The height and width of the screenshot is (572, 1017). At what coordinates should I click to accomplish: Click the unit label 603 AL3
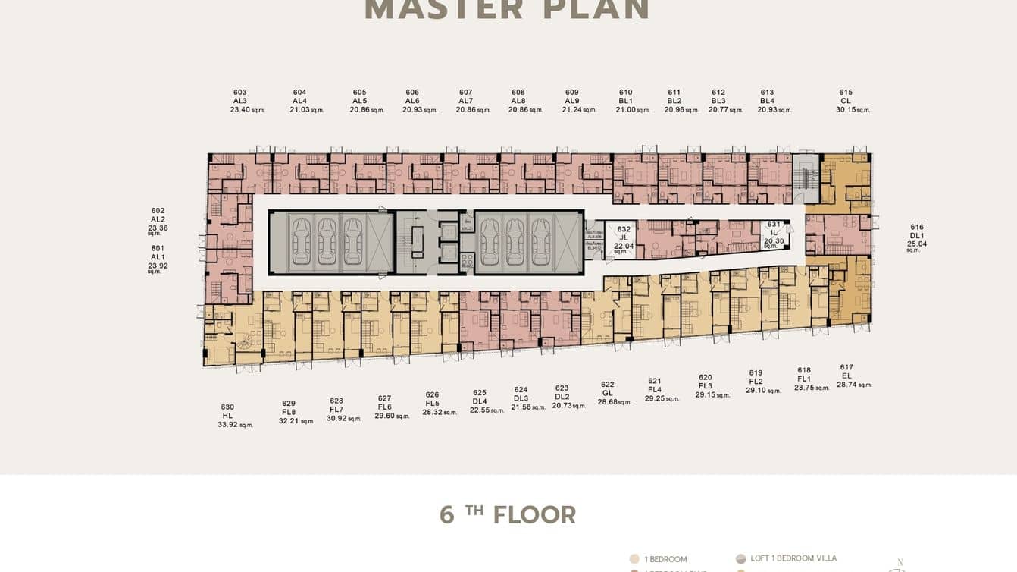240,96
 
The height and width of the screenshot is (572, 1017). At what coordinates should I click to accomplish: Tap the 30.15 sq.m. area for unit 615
853,110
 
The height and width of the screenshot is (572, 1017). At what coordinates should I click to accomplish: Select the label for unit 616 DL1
917,231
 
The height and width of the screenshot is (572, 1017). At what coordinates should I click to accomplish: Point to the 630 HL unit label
227,411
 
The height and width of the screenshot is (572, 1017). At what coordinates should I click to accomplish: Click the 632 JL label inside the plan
624,233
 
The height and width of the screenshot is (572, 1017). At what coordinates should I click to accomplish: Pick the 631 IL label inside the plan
774,228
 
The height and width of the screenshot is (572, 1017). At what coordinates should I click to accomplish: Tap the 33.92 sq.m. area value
235,425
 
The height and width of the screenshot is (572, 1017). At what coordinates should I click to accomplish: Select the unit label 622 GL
608,388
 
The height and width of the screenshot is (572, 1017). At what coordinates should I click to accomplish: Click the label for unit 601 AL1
158,253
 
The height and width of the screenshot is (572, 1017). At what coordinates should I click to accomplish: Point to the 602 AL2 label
158,215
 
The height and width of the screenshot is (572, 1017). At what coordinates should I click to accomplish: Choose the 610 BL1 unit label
625,96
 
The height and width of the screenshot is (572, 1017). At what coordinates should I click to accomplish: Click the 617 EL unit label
846,372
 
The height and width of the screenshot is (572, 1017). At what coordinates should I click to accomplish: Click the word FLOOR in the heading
534,515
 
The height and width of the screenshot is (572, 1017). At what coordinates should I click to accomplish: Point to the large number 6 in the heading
447,515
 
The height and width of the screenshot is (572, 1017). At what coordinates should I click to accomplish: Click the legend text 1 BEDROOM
665,559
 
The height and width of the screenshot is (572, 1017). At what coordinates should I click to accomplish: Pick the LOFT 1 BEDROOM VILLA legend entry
793,558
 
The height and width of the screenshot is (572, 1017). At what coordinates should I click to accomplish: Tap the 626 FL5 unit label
432,399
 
